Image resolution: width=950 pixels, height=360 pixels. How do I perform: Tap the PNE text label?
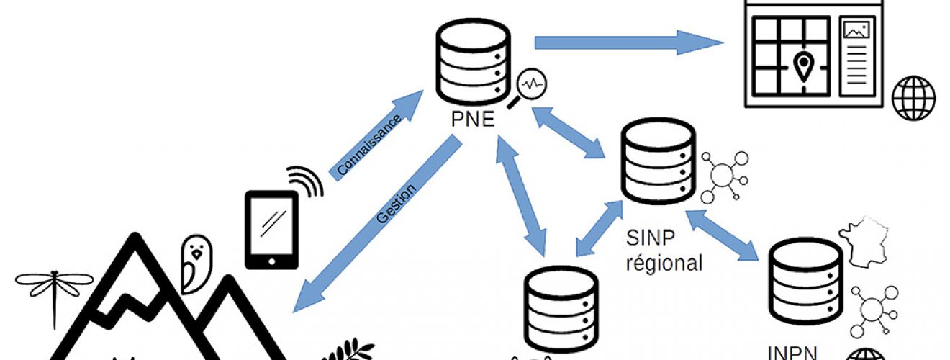[473, 119]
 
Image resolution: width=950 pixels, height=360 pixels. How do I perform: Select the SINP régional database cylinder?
[658, 161]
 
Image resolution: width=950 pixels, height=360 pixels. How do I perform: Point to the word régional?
[664, 263]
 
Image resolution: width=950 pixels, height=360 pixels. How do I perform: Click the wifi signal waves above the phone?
[305, 181]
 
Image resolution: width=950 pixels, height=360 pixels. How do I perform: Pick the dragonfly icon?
[54, 288]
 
